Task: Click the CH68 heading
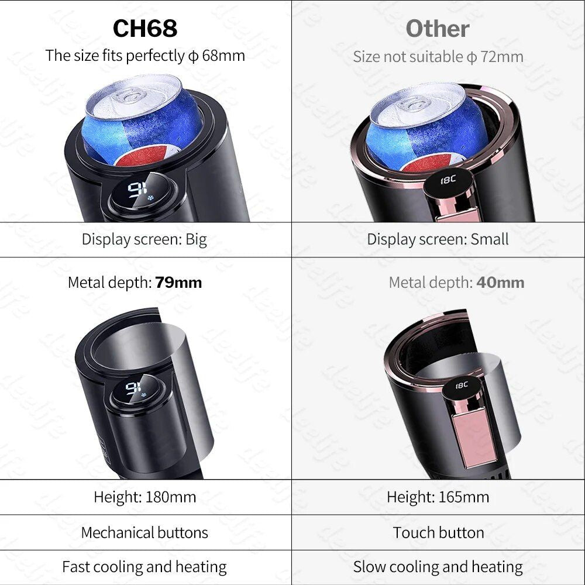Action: coord(145,29)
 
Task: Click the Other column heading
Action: coord(438,29)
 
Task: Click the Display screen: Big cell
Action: coord(144,239)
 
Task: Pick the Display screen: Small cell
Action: coord(438,239)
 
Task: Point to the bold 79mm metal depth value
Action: coord(178,283)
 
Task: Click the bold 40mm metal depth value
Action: coord(500,283)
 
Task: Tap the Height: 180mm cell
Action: coord(144,497)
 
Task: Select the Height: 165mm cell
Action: coord(438,497)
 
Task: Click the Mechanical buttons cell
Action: coord(144,532)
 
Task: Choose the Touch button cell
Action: coord(438,532)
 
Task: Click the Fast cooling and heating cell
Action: coord(144,567)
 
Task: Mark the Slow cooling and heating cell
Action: coord(438,567)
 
